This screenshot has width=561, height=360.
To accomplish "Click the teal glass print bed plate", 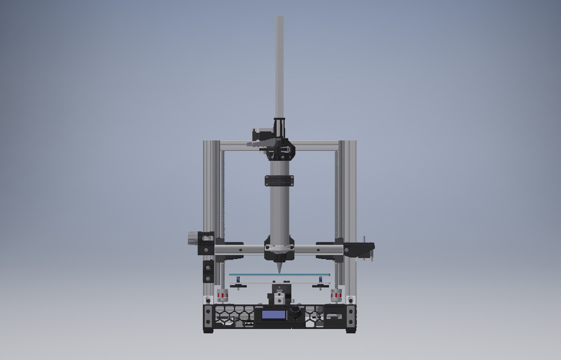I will tap(279, 275).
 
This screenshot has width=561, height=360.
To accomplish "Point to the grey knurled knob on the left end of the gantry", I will tap(193, 238).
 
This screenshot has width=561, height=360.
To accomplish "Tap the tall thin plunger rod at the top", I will tap(279, 67).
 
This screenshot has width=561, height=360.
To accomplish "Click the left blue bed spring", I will tap(238, 279).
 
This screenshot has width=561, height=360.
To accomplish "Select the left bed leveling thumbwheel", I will tap(238, 286).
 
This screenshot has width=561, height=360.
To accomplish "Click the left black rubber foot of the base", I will tap(208, 330).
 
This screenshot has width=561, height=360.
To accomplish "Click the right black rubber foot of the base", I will tap(351, 330).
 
